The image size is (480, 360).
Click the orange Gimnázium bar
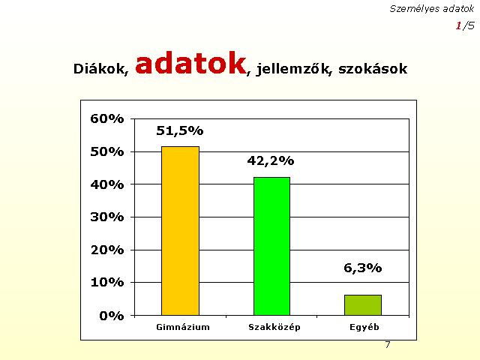click(180, 231)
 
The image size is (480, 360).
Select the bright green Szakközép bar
click(271, 246)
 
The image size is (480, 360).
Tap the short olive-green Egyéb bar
click(363, 305)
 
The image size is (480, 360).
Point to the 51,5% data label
click(180, 130)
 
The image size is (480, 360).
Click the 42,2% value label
click(271, 160)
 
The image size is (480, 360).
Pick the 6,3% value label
click(363, 268)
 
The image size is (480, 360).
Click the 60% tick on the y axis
click(107, 118)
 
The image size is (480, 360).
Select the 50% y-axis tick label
click(107, 151)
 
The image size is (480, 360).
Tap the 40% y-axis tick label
click(107, 184)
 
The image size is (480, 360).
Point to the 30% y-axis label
click(107, 217)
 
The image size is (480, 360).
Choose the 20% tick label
click(107, 250)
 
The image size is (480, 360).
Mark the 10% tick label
click(107, 282)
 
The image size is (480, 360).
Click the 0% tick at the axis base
click(112, 316)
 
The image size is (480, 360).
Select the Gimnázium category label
click(183, 327)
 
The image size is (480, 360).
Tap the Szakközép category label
click(274, 327)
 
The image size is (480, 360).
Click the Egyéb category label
click(364, 327)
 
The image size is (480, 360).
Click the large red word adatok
click(190, 63)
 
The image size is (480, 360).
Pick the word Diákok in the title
click(100, 68)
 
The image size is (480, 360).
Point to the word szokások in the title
click(373, 68)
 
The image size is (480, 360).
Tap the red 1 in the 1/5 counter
click(458, 25)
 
